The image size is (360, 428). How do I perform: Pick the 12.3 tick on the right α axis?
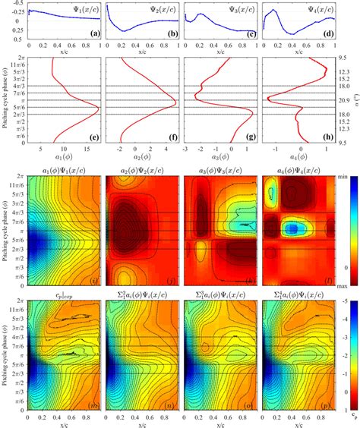click(344, 71)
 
